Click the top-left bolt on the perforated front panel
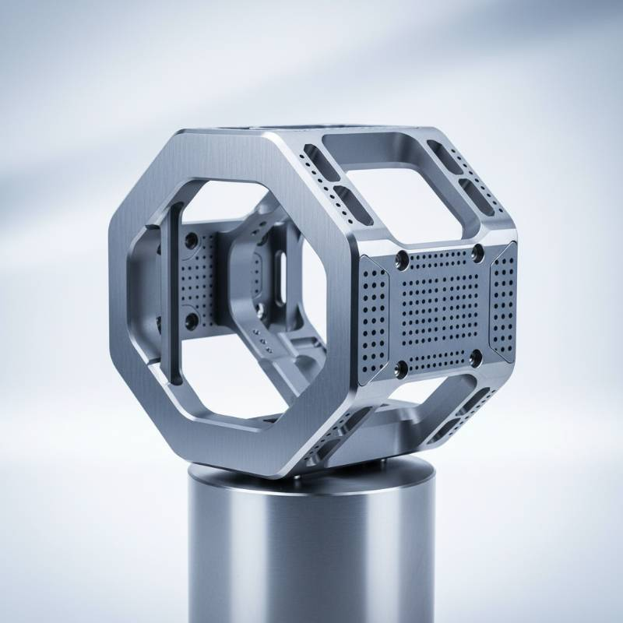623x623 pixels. pos(402,259)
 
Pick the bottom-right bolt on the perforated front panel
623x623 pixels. pos(476,357)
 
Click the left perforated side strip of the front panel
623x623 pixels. pos(373,319)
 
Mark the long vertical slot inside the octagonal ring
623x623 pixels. pos(175,292)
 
